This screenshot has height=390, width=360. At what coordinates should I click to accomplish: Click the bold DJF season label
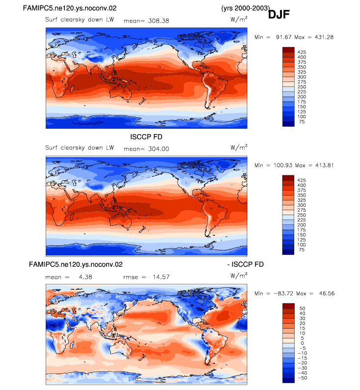click(278, 14)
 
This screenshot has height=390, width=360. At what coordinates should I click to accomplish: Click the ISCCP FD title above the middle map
click(146, 137)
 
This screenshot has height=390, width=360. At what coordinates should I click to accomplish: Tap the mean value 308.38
click(159, 21)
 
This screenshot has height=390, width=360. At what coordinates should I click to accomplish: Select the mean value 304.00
click(159, 149)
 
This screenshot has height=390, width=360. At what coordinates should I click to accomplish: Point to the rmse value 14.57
click(161, 277)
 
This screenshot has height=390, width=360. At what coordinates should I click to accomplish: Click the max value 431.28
click(324, 37)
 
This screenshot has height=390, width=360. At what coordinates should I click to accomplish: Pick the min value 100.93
click(283, 165)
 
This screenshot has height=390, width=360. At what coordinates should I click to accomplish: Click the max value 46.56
click(327, 293)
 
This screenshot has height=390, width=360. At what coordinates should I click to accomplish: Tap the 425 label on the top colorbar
click(302, 52)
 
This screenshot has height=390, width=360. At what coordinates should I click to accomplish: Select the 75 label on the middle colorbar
click(302, 250)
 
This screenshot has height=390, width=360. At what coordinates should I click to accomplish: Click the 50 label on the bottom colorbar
click(303, 308)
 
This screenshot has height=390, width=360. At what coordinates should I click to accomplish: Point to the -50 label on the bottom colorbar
click(303, 378)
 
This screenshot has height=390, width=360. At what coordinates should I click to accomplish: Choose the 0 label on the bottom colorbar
click(303, 343)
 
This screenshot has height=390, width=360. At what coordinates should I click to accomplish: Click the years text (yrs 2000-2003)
click(246, 8)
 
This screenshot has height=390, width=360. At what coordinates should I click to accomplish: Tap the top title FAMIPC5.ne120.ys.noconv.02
click(70, 8)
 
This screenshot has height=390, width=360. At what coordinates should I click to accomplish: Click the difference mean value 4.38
click(85, 277)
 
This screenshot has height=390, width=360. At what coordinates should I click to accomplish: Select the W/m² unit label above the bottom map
click(239, 276)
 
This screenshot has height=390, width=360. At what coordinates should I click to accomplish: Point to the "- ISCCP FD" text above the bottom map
click(246, 264)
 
